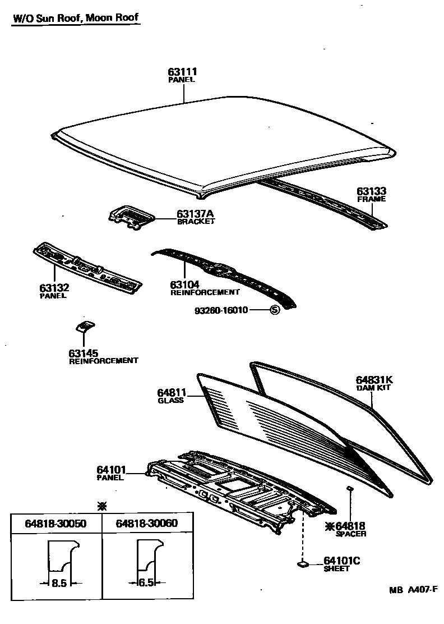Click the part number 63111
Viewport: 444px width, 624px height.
182,72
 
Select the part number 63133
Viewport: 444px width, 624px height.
372,191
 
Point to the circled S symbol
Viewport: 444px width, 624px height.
275,310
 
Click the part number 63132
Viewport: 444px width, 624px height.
54,288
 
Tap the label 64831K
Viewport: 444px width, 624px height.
374,379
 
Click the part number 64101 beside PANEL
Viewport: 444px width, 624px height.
111,470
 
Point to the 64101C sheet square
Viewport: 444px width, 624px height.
303,563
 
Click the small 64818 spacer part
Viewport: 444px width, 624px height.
349,489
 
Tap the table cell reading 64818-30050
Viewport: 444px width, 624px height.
55,523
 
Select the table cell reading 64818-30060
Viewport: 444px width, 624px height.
146,523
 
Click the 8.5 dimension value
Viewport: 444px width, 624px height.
59,583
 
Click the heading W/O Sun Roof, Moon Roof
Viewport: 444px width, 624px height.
75,18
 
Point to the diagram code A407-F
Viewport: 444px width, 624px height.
420,589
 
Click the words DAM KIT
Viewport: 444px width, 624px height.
373,388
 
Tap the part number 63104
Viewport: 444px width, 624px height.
185,285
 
